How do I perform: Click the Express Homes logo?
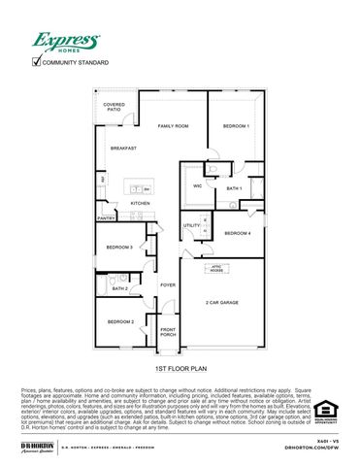[x=66, y=42]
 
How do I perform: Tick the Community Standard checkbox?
[x=37, y=62]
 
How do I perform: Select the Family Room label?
[x=174, y=126]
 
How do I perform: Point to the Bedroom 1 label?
[x=236, y=126]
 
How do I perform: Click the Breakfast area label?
[x=122, y=148]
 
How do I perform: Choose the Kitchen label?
[x=141, y=203]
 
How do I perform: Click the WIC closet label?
[x=197, y=184]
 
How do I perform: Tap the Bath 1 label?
[x=234, y=187]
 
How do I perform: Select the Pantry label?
[x=106, y=218]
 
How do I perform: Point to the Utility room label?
[x=191, y=225]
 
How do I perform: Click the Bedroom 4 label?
[x=238, y=233]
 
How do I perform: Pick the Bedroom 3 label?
[x=119, y=248]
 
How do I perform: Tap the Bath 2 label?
[x=120, y=288]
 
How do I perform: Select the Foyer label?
[x=168, y=285]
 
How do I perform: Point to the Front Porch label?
[x=169, y=333]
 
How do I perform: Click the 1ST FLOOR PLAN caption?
[x=180, y=370]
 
